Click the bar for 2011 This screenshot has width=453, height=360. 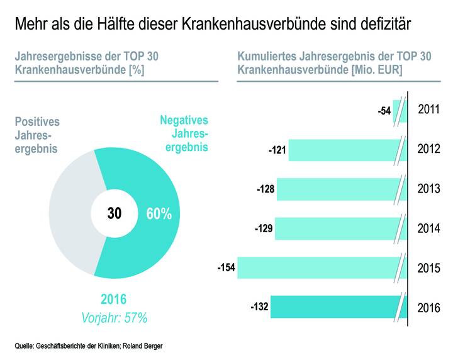click(397, 111)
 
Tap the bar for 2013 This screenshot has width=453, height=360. click(337, 189)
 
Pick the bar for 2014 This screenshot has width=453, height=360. click(337, 228)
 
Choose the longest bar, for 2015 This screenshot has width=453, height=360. click(318, 267)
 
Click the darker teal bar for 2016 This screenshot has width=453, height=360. click(333, 307)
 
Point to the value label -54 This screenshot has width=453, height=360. click(384, 111)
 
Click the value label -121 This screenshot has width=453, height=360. click(277, 150)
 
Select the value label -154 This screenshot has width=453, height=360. click(225, 268)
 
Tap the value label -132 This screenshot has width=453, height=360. click(260, 307)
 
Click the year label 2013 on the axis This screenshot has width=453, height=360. click(430, 189)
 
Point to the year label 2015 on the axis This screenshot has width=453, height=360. click(430, 267)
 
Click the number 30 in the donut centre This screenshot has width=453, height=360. click(114, 213)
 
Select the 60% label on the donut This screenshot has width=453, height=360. click(159, 214)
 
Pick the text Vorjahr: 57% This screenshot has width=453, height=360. click(114, 318)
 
